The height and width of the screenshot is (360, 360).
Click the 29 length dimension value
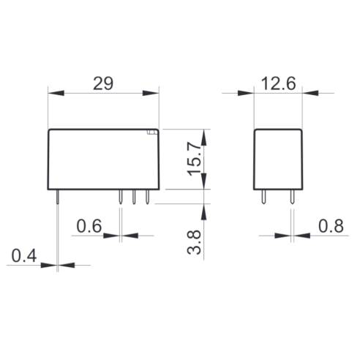(x=103, y=83)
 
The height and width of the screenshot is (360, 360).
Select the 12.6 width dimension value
(x=278, y=83)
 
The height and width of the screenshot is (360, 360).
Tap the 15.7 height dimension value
(x=194, y=159)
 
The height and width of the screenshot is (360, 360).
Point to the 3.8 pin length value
(x=194, y=242)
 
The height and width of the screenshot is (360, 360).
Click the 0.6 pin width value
(x=89, y=226)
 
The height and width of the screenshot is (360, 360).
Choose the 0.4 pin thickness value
(x=24, y=256)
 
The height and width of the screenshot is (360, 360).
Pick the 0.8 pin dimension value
(x=331, y=226)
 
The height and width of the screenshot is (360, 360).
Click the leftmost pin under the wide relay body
(x=58, y=197)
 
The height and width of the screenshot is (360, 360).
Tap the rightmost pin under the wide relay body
(x=147, y=197)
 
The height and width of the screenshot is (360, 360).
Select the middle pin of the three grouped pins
(x=134, y=197)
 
